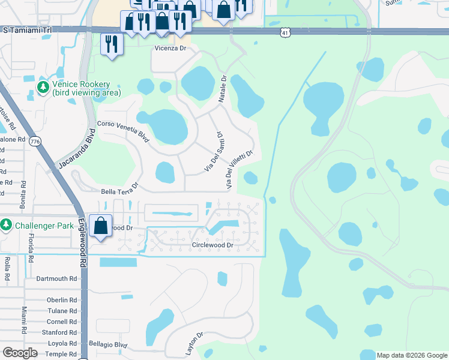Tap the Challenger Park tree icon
pos(6,225)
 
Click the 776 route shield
pos(35,140)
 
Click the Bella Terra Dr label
pos(119,191)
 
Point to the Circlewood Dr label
pos(212,245)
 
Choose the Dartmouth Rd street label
pos(56,278)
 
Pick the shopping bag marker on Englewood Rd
pos(101,226)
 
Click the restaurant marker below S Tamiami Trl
pos(112,44)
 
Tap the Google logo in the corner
pos(19,353)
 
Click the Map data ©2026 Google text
pos(412,355)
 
